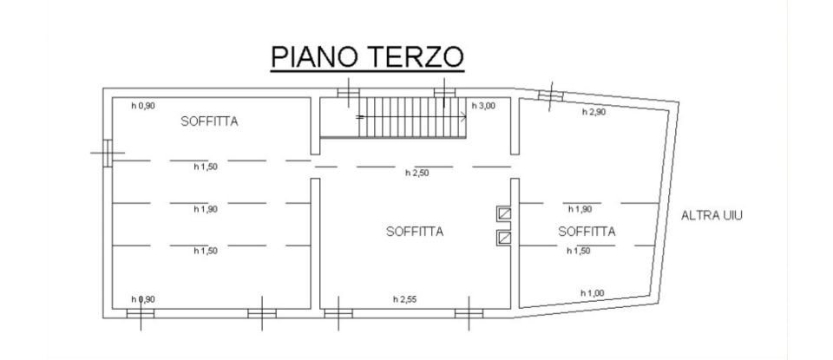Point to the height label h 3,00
[483, 106]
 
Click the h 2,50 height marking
[417, 173]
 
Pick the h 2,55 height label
[404, 299]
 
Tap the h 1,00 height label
[593, 292]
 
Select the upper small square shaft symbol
[503, 213]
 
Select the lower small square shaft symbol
[503, 236]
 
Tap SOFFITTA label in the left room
[209, 122]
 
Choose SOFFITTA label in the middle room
[415, 232]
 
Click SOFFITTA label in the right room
[587, 232]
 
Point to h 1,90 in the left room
[206, 209]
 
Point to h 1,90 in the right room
[580, 209]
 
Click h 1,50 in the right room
[579, 251]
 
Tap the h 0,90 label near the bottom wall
[142, 299]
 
